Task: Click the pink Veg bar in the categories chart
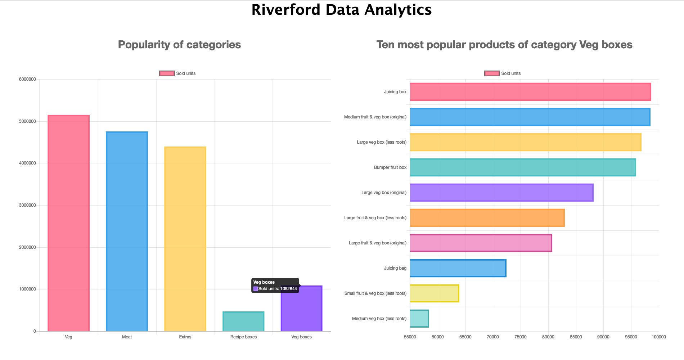pos(68,223)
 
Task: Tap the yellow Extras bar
pos(185,239)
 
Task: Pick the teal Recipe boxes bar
pos(243,321)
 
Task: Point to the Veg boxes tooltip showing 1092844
pos(275,285)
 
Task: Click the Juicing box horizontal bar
pos(530,92)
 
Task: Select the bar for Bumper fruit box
pos(523,167)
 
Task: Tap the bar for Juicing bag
pos(458,268)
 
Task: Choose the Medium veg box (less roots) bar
pos(419,319)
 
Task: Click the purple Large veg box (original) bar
pos(501,193)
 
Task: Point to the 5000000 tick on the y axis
pos(27,121)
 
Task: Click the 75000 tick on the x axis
pos(521,337)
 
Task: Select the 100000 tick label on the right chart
pos(658,337)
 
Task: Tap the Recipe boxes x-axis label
pos(243,337)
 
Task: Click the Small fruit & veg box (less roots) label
pos(375,293)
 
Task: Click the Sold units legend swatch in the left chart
pos(167,73)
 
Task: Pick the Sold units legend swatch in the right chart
pos(492,73)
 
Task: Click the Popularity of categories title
pos(179,45)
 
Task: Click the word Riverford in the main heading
pos(285,10)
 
